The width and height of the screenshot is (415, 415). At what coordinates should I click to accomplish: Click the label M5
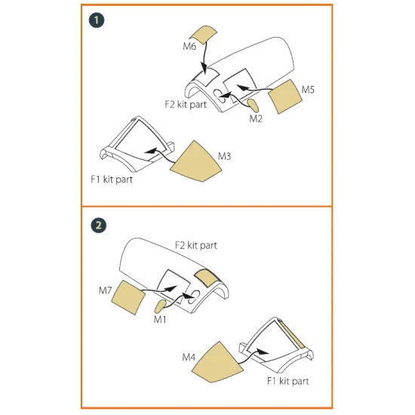[308, 90]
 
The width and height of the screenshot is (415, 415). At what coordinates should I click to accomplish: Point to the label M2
[257, 118]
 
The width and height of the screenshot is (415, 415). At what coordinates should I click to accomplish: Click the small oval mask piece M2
[254, 104]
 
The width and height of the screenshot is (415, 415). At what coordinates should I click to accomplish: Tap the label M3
[224, 156]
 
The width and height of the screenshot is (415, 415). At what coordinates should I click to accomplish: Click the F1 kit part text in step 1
[109, 181]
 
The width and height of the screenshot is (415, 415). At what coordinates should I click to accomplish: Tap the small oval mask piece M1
[160, 305]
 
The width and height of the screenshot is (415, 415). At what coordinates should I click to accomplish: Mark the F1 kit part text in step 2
[289, 381]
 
